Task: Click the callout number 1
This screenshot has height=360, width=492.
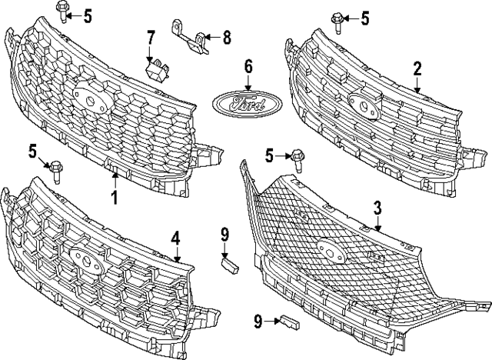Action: click(114, 198)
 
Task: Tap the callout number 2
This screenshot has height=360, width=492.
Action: click(417, 69)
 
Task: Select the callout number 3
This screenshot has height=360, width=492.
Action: click(377, 206)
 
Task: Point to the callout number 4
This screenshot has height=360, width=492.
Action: click(176, 239)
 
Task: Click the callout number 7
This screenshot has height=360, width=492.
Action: click(151, 35)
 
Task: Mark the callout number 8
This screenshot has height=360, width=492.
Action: click(226, 35)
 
